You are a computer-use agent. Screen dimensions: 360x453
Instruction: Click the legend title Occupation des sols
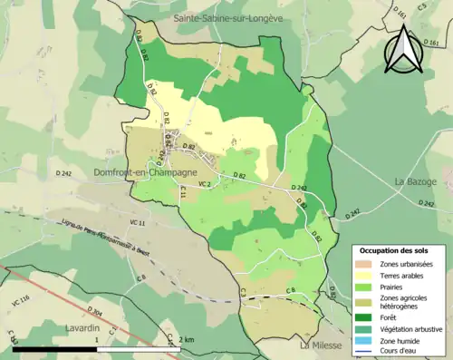pos(396,249)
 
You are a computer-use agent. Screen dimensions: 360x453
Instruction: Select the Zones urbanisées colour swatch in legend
pos(363,263)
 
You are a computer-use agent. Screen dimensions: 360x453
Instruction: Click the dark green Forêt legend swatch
pos(363,316)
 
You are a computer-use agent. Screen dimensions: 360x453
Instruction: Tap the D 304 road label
pos(98,315)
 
